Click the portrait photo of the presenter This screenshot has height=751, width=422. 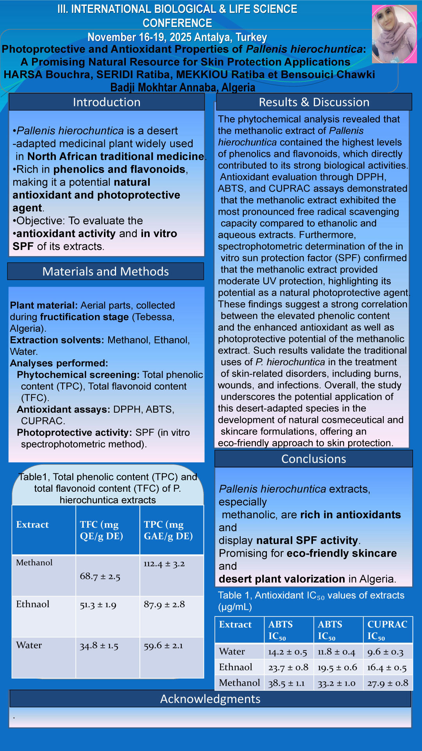394,34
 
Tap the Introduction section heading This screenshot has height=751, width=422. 106,102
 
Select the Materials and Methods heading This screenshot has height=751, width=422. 105,271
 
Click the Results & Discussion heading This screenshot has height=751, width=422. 314,102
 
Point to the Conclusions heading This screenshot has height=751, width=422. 313,459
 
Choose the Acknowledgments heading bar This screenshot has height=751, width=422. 210,699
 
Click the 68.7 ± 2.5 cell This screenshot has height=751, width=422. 100,576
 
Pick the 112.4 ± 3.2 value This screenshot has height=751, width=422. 164,564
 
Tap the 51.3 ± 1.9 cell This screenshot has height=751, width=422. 98,605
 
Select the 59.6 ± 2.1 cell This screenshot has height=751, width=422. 163,645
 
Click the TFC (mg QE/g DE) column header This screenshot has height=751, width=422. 102,530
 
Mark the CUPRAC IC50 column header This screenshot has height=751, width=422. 387,629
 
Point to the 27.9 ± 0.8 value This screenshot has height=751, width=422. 388,683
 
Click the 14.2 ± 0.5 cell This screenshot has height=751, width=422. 288,652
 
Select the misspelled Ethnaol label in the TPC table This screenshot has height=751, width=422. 33,604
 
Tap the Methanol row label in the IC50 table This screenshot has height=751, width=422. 239,683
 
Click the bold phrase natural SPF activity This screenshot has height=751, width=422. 307,540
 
